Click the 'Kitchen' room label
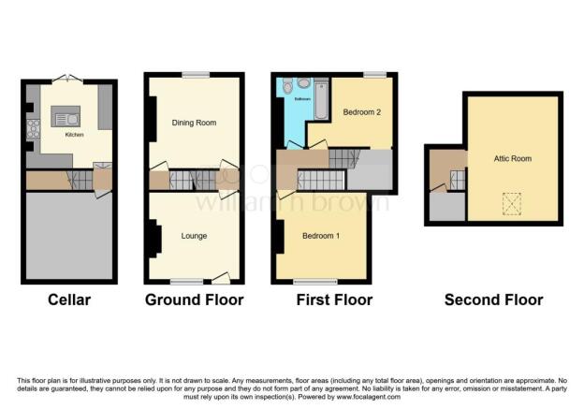click(74, 135)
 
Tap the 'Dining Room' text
click(195, 123)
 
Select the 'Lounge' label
click(195, 236)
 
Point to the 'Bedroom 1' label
click(321, 236)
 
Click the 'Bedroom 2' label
click(359, 112)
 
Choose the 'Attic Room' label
click(513, 159)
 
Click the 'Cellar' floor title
click(71, 300)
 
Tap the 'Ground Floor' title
click(195, 300)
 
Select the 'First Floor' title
click(333, 300)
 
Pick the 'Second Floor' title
click(493, 300)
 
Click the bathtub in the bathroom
click(321, 101)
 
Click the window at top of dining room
click(195, 75)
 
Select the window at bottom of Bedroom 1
click(308, 281)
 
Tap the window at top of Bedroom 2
click(374, 74)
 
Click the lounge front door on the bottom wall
click(221, 277)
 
